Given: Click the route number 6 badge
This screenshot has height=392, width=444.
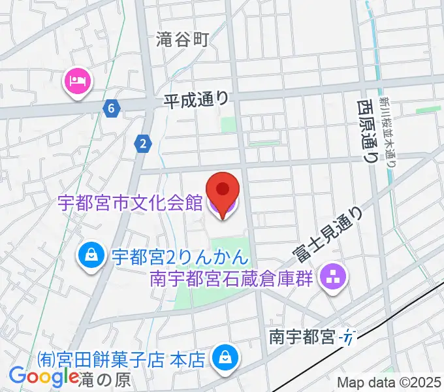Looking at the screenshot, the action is [112, 108].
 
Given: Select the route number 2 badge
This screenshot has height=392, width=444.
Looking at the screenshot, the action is [142, 144].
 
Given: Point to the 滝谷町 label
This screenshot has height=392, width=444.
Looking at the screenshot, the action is [183, 40].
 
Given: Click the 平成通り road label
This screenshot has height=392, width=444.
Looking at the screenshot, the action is [196, 99].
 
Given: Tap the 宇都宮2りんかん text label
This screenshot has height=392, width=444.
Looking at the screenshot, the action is [177, 255].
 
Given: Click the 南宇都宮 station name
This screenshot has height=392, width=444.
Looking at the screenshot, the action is [302, 338].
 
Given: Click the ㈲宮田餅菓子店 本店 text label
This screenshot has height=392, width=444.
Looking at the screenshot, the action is [121, 359].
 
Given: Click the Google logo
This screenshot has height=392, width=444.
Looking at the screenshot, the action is [43, 376].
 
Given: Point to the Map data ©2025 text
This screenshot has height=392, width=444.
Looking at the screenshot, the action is [388, 382].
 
